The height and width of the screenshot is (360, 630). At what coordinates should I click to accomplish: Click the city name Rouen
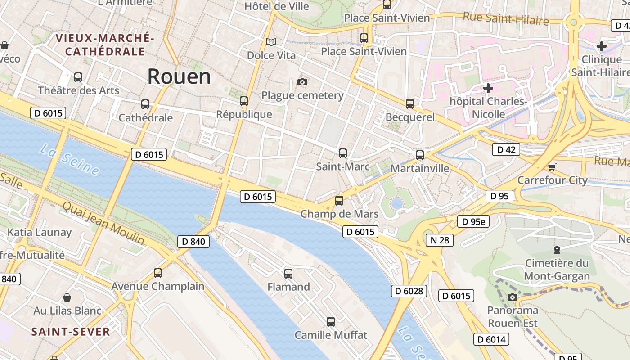tap(179, 76)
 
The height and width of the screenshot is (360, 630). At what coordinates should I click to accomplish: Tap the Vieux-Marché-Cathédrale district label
tap(105, 45)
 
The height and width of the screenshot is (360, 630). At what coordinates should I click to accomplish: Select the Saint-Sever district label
tap(71, 332)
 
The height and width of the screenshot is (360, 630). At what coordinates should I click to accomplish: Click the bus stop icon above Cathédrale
tap(145, 104)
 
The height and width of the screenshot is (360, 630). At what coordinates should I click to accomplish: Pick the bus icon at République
tap(244, 101)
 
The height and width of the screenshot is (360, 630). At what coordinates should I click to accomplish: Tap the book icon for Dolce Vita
tap(271, 42)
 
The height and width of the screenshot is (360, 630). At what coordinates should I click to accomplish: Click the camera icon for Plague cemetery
tap(302, 82)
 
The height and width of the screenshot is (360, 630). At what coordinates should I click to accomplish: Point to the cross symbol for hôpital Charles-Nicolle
tap(488, 88)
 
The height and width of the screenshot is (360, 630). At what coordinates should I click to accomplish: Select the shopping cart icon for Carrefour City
tap(552, 167)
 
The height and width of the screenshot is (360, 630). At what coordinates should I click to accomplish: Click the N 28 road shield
tap(440, 240)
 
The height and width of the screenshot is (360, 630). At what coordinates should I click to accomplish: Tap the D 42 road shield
tap(506, 149)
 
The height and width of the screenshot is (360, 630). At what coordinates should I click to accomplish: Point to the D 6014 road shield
tap(491, 339)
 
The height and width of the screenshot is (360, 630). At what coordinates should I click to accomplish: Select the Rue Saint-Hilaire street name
tap(506, 19)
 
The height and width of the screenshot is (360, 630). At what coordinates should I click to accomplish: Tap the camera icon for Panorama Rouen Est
tap(512, 297)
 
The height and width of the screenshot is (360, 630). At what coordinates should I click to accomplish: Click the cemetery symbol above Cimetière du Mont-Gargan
tap(557, 250)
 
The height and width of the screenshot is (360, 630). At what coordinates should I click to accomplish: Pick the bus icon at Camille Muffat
tap(331, 322)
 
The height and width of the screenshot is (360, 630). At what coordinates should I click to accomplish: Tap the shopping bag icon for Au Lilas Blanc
tap(67, 297)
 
